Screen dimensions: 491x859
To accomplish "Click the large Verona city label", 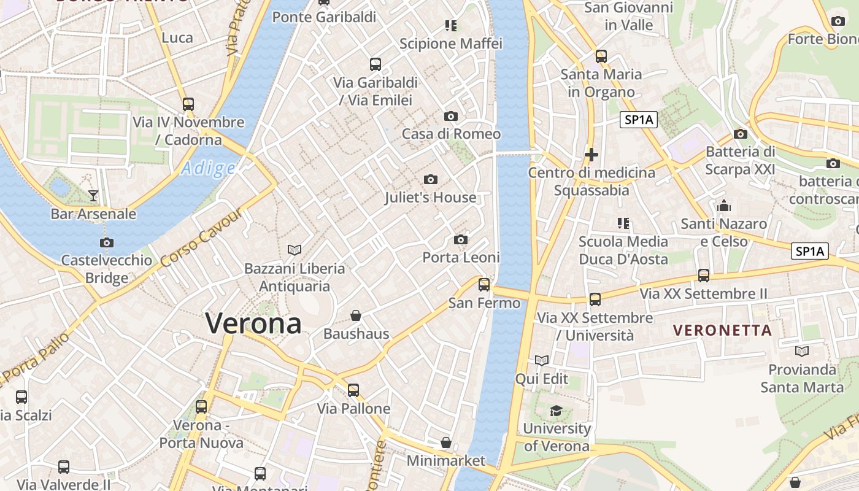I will pos(253,323).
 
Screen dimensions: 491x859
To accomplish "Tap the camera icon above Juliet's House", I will pos(431,179).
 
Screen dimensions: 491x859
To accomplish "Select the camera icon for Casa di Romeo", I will pos(451,116).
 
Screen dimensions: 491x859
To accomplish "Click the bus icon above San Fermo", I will pos(484,284).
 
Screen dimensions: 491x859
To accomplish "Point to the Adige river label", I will pos(209,168).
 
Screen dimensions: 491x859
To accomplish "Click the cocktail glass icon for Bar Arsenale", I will pos(93,196).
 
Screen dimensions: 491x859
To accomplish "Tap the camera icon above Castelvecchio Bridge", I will pos(107,242).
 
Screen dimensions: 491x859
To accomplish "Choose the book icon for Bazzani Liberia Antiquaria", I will pos(295,250).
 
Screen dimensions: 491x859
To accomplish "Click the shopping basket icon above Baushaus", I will pos(356,315).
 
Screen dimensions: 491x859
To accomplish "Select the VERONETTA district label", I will pos(722,330).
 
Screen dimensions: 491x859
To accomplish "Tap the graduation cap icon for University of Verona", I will pos(557,410).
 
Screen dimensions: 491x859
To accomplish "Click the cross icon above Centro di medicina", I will pos(591,154).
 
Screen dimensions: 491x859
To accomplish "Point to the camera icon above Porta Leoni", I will pos(461,239).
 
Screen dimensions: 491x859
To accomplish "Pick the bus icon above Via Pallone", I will pos(353,390).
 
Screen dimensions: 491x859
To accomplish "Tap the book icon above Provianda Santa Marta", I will pos(801,351).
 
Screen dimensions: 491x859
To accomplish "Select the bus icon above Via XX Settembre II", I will pos(704,275).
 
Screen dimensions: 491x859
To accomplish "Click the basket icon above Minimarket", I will pos(446,443).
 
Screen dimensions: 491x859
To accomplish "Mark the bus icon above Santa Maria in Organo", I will pos(601,56).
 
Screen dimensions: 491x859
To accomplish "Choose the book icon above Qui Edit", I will pos(542,360).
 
